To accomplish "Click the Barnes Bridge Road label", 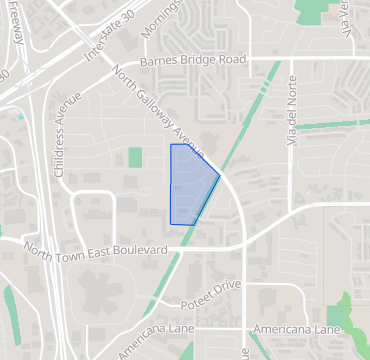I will click(x=192, y=61).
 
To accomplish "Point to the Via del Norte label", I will click(x=293, y=111).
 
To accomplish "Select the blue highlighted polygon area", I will click(x=188, y=183).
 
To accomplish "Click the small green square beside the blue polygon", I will click(x=135, y=157).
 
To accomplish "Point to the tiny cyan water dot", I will click(x=21, y=117).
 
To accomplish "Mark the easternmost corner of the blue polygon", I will click(x=220, y=175).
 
